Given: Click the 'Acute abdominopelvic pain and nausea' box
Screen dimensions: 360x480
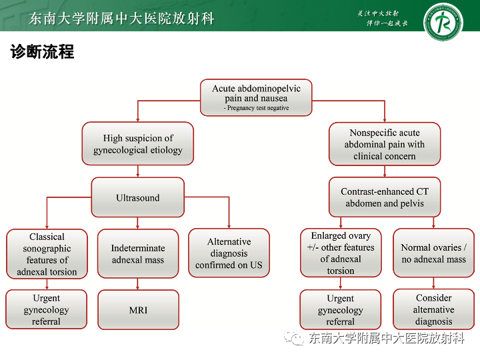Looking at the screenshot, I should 256,97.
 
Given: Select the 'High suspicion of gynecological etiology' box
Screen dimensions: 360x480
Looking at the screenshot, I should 138,144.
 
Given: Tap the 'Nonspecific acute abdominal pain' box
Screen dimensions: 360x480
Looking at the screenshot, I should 384,144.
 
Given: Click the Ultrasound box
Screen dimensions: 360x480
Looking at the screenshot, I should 138,197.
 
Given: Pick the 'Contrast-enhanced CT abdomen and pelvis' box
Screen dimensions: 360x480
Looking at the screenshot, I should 384,197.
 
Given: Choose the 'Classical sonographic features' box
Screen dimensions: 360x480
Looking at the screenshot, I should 47,254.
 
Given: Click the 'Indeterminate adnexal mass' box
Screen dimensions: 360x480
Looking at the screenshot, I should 138,254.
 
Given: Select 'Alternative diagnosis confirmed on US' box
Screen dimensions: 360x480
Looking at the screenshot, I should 229,254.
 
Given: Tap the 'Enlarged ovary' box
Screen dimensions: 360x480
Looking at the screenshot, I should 341,253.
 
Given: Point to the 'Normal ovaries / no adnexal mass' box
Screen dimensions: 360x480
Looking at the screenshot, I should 433,253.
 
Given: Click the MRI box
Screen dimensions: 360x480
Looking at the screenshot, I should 138,310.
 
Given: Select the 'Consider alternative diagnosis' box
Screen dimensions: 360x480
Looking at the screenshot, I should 433,309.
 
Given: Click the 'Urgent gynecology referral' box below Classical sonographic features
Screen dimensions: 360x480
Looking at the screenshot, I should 47,309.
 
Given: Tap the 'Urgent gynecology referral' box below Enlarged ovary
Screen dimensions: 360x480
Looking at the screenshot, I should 341,310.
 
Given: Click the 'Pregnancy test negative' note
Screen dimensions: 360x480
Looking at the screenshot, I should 257,108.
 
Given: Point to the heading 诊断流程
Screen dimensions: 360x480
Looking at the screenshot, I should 42,52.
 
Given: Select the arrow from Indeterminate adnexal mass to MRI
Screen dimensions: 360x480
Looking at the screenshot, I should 138,284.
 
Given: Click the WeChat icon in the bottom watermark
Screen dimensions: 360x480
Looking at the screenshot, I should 294,339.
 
